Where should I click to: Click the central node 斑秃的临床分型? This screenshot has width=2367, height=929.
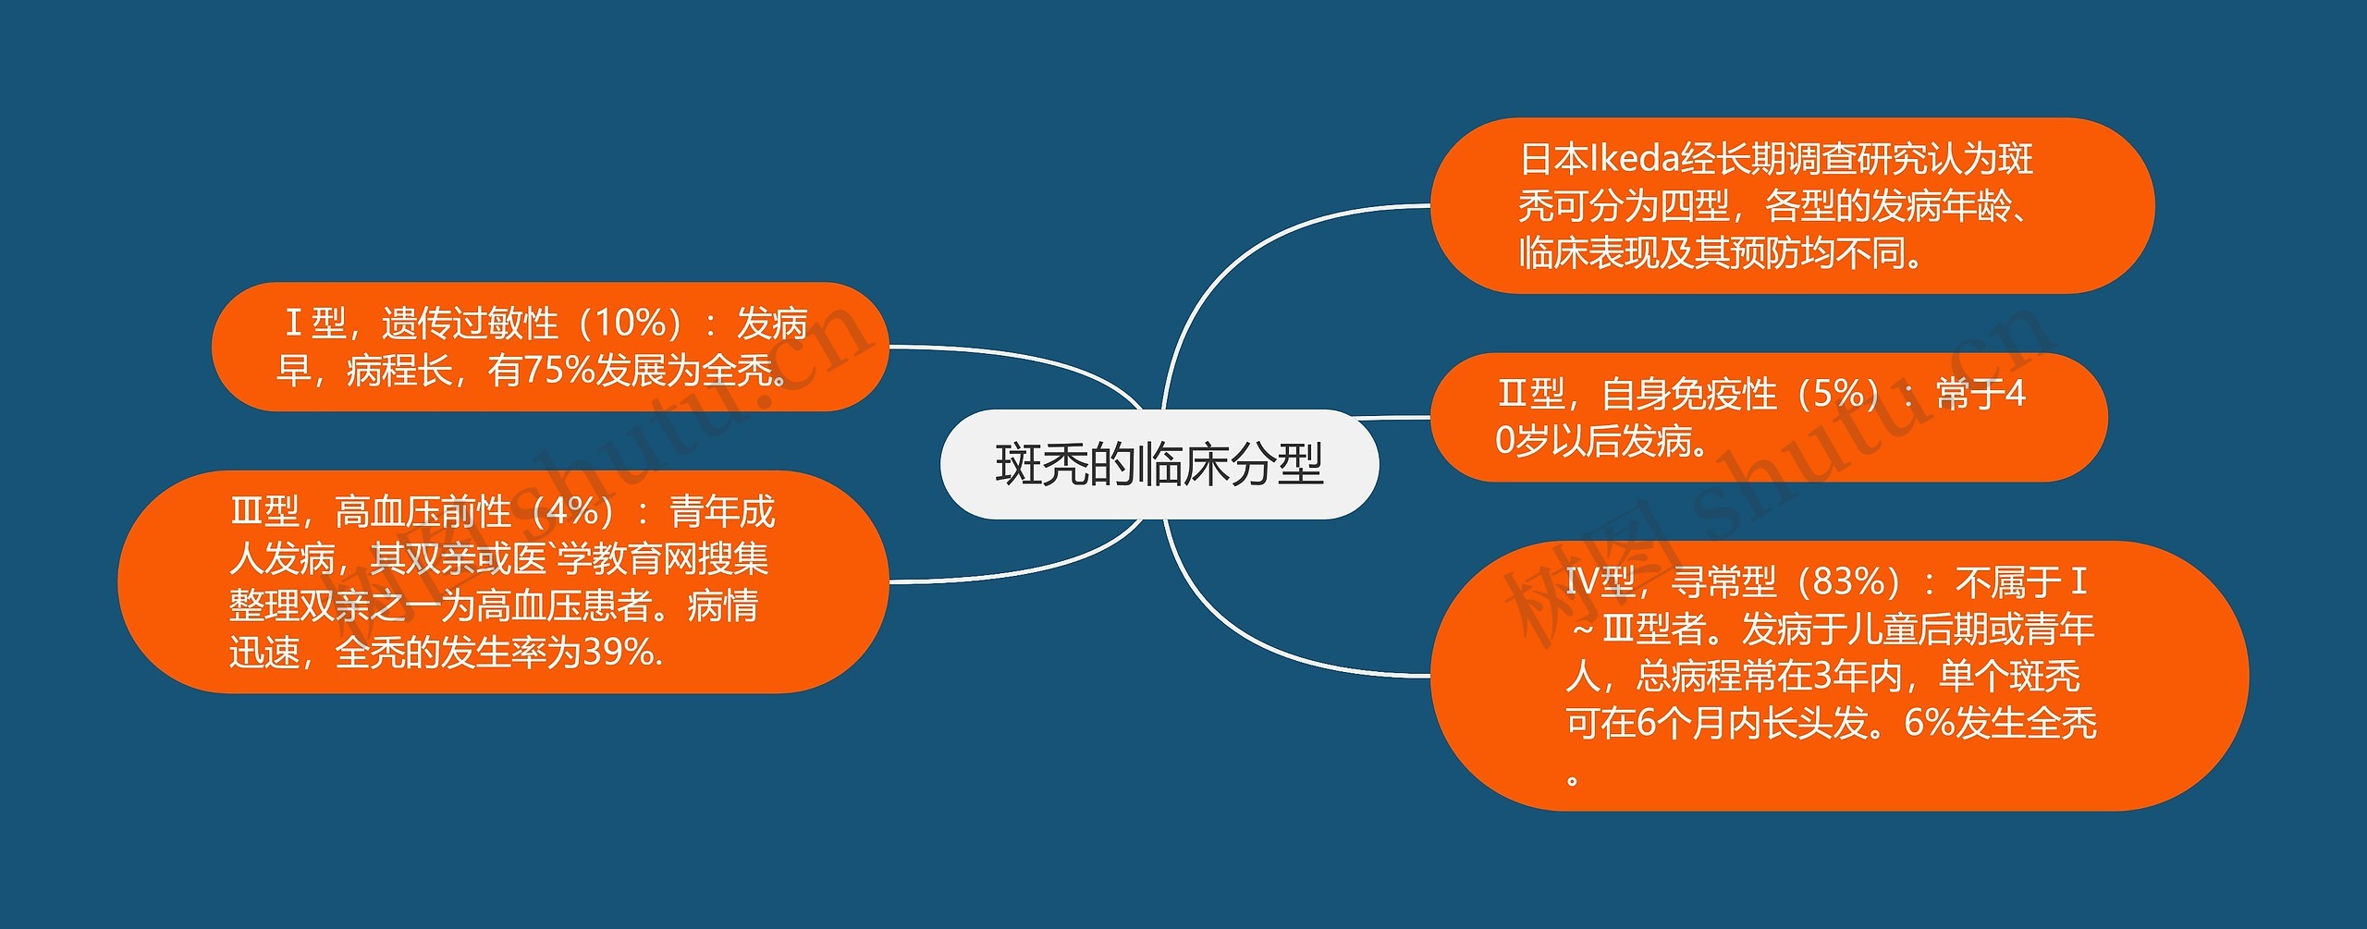click(1159, 464)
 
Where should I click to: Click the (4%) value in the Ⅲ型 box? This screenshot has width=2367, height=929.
click(580, 512)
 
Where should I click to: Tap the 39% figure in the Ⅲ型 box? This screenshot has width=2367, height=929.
click(615, 654)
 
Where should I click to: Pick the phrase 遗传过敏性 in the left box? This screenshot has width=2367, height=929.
click(470, 324)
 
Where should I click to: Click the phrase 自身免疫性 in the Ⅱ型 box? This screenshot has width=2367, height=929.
click(1688, 395)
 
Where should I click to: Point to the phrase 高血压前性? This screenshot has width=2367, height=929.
click(423, 512)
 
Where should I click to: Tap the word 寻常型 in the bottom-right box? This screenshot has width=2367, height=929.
click(1723, 582)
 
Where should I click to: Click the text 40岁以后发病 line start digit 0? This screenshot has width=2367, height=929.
click(1504, 442)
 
